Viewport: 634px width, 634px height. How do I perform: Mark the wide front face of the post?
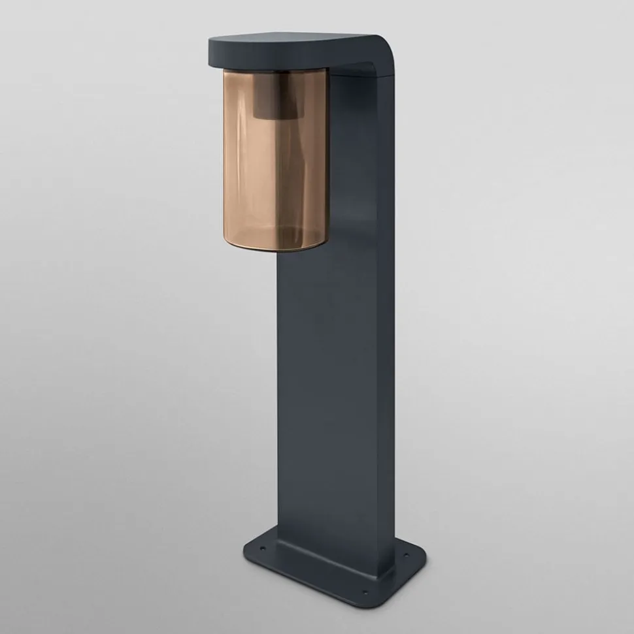tap(333, 392)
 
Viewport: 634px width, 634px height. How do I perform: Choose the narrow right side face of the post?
tap(386, 326)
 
